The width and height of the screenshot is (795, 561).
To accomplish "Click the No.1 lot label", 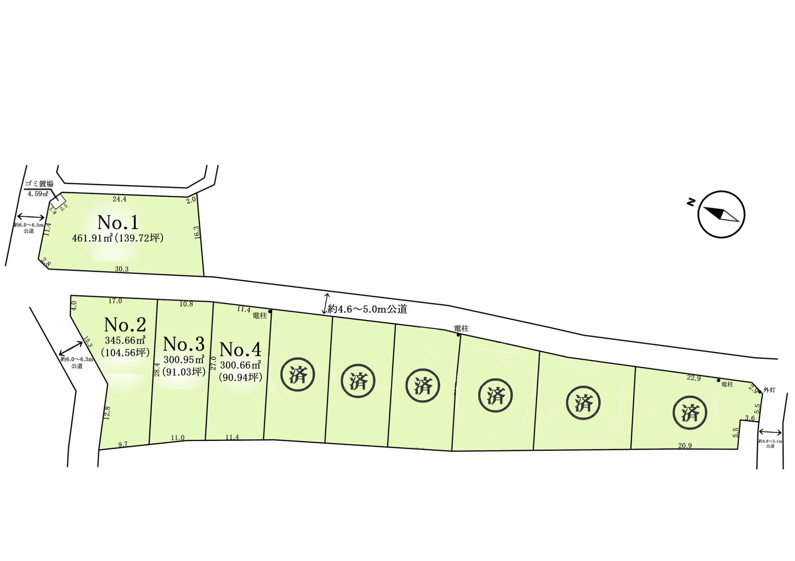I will click(118, 222).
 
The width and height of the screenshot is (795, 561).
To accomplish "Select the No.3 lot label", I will click(184, 344).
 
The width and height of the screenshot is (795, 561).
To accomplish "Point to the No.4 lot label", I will click(240, 350).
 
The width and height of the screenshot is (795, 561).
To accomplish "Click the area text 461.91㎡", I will click(92, 238).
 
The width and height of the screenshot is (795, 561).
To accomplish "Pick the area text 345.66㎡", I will click(125, 340).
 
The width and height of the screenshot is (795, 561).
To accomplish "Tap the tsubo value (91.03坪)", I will click(184, 372).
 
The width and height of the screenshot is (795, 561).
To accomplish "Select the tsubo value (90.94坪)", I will click(240, 377).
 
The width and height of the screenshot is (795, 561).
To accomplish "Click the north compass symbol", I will click(721, 214).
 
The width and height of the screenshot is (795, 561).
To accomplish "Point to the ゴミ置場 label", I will click(39, 184).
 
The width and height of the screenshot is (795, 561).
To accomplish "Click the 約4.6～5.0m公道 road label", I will click(367, 309).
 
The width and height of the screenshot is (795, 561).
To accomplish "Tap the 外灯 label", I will click(769, 390).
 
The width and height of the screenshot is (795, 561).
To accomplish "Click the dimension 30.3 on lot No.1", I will click(121, 269).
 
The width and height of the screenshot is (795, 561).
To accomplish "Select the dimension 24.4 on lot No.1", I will click(120, 199).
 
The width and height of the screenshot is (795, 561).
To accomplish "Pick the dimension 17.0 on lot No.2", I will click(115, 301).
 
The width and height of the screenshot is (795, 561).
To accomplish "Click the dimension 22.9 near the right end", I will click(693, 378).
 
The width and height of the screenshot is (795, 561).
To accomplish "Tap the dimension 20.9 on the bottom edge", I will click(685, 446).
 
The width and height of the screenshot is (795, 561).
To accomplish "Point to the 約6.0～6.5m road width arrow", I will click(30, 217).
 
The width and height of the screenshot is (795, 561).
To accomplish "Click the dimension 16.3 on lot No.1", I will click(197, 232).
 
